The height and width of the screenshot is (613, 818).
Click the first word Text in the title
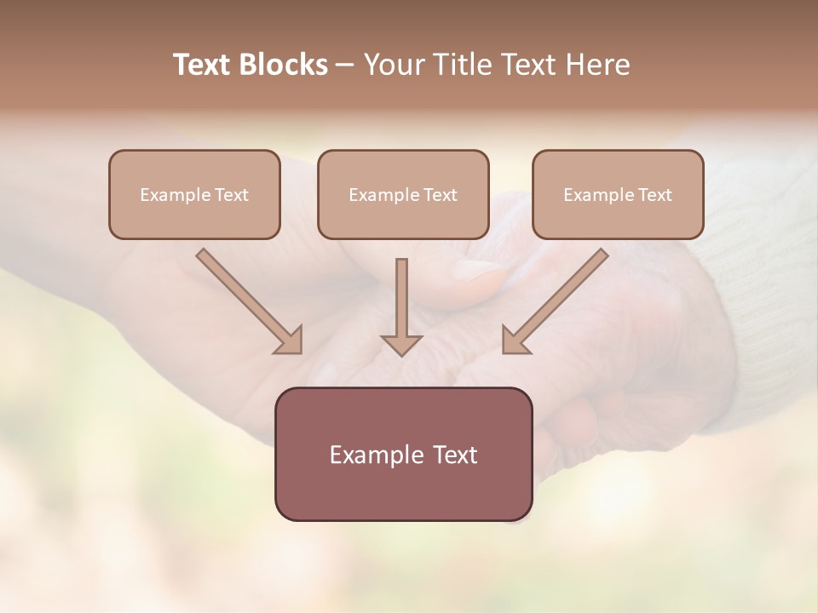coord(204,65)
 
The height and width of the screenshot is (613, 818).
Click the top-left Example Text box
coord(194,194)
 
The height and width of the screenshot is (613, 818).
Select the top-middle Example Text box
coord(403,194)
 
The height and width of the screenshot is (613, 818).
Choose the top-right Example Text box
coord(618,194)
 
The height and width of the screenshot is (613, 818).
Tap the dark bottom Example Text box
coord(403,454)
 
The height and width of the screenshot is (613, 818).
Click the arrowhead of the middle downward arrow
coord(401,344)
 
